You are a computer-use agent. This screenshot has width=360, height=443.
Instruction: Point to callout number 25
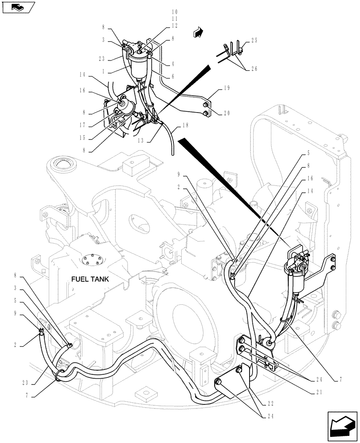(254, 41)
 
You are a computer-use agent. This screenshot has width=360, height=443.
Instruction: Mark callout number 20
(227, 113)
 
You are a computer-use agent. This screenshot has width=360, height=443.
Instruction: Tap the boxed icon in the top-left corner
(18, 8)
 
